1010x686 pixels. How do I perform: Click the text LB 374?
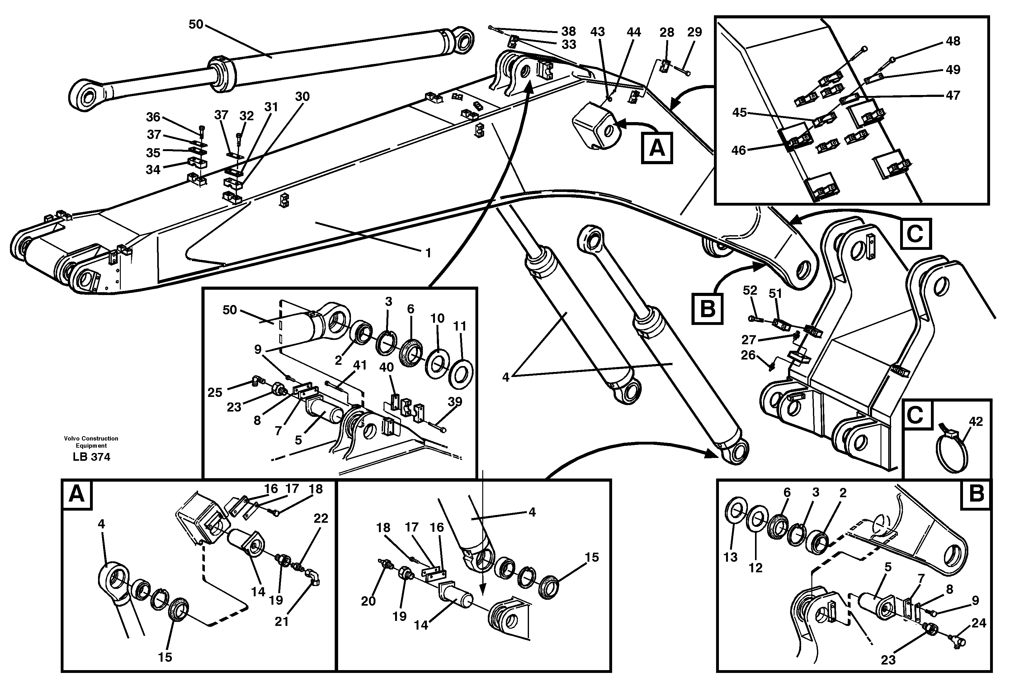pos(91,457)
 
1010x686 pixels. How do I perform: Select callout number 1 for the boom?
pos(428,253)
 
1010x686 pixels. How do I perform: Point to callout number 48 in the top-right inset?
pos(953,41)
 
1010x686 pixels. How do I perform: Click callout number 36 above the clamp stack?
pos(153,117)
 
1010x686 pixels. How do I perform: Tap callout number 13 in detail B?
pos(730,557)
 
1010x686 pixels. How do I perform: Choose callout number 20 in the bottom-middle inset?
pos(368,601)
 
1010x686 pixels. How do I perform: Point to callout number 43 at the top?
pos(597,32)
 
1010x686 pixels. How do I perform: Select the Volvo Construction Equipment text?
pos(91,442)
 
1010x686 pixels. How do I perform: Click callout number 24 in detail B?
pos(979,623)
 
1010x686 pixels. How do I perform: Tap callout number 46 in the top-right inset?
pos(739,150)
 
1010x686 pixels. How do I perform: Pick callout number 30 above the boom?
pos(302,97)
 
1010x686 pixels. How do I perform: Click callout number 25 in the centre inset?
pos(215,393)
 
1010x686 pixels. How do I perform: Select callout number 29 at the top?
pos(695,32)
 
